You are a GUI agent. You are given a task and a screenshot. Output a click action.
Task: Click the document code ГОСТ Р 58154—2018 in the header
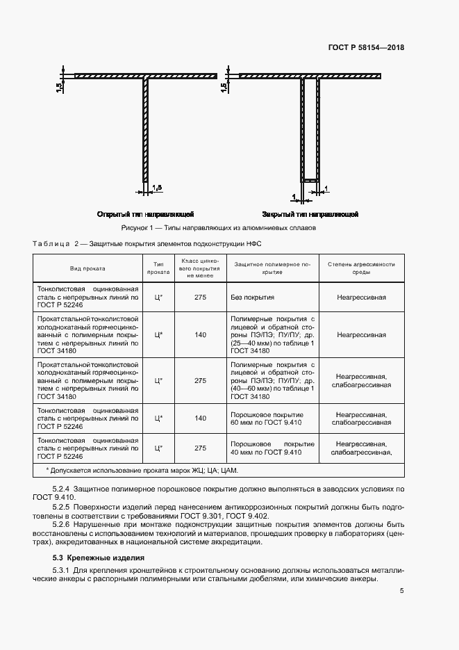pyautogui.click(x=365, y=47)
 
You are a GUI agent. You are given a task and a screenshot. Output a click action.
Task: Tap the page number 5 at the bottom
pyautogui.click(x=402, y=591)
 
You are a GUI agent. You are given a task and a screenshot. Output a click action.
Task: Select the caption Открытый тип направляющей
pyautogui.click(x=145, y=213)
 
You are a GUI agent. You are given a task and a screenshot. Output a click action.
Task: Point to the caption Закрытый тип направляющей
pyautogui.click(x=310, y=213)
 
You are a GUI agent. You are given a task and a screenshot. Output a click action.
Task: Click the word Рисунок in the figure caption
pyautogui.click(x=136, y=227)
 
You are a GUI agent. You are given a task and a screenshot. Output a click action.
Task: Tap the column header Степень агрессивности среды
pyautogui.click(x=361, y=268)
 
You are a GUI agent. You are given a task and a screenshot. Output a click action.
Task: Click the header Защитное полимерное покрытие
pyautogui.click(x=273, y=268)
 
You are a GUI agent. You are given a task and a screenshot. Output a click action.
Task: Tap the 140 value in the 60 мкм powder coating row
pyautogui.click(x=201, y=418)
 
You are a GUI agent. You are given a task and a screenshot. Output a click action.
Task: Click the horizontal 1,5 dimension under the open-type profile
pyautogui.click(x=157, y=188)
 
